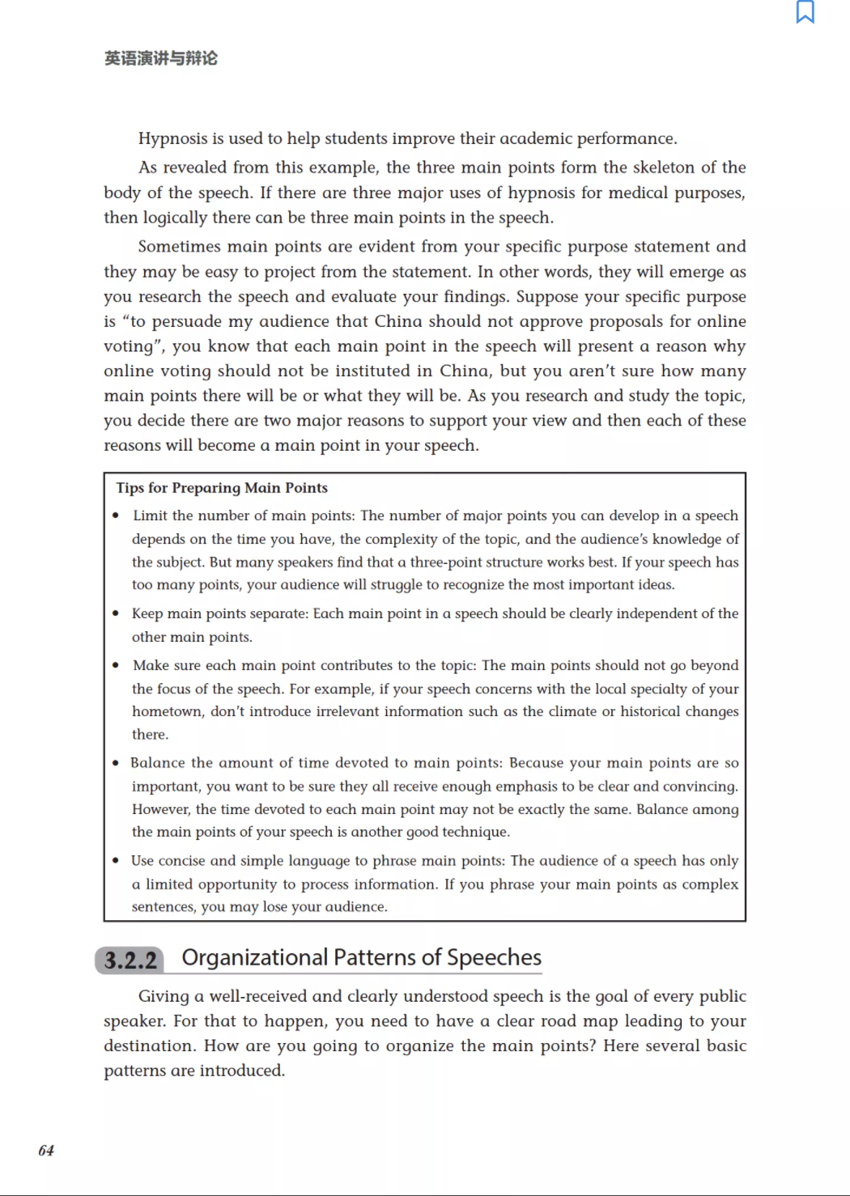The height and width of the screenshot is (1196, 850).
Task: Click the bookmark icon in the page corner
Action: tap(805, 12)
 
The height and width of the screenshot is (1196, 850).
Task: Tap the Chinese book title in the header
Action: tap(160, 58)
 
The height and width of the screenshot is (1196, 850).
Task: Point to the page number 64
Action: tap(46, 1150)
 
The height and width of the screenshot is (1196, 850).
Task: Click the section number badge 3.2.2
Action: tap(130, 961)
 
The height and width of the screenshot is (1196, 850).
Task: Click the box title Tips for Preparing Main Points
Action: tap(222, 488)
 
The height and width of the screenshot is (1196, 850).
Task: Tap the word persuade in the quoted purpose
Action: tap(186, 321)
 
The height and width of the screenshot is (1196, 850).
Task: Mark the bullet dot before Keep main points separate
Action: tap(117, 613)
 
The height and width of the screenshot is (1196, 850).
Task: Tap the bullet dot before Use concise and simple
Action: tap(117, 860)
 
